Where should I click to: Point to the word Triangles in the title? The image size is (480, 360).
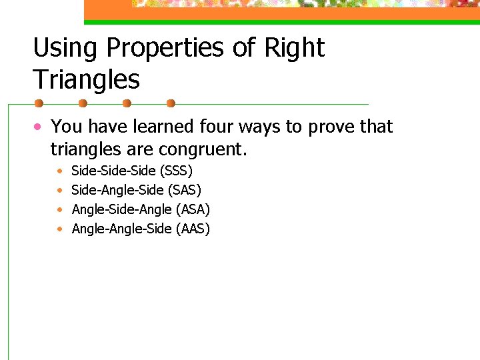[x=87, y=80]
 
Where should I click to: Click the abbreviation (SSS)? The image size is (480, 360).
[x=177, y=171]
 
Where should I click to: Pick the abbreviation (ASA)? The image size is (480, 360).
[x=194, y=210]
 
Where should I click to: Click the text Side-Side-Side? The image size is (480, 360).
[x=113, y=171]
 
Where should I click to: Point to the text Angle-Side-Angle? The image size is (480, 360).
[x=122, y=210]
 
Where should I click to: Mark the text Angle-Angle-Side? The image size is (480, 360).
[x=122, y=229]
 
